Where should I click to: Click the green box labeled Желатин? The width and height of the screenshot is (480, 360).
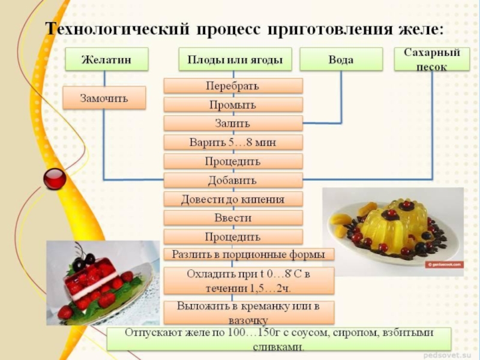pos(106,59)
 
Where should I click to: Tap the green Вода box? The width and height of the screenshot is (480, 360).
pos(341,59)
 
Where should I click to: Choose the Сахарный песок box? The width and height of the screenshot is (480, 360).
pos(432,59)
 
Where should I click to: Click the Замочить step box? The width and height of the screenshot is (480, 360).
pos(104,97)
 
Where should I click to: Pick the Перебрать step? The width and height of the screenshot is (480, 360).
pos(233,86)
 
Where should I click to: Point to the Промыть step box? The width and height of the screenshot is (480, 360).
pos(233,105)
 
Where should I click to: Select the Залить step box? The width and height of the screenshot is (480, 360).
pos(233,124)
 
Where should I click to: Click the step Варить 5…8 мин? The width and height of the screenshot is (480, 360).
pos(233,143)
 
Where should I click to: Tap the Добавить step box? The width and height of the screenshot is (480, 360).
pos(233,180)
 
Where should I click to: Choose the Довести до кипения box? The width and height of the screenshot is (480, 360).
pos(233,199)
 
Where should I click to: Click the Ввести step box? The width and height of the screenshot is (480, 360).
pos(233,218)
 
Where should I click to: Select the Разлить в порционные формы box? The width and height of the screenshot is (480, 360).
pos(248,254)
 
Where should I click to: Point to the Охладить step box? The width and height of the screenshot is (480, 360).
pos(248,280)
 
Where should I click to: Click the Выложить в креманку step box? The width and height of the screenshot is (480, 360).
pos(248,311)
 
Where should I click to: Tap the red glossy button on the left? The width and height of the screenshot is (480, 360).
pos(55,178)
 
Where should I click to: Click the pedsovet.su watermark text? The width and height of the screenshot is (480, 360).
pos(449,354)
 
